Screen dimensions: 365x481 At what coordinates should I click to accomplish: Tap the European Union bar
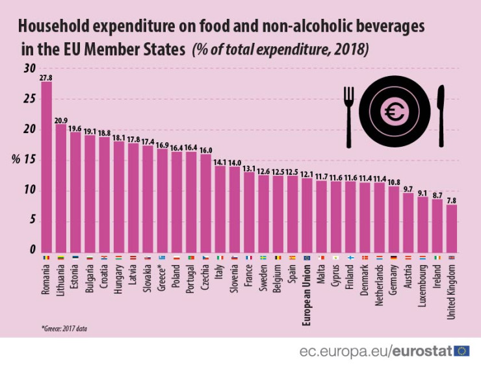click(307, 215)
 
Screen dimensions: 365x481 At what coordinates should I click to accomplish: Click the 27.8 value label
click(46, 77)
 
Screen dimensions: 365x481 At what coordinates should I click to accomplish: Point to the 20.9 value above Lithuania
click(61, 120)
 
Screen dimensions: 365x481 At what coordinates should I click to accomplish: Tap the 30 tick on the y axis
click(28, 69)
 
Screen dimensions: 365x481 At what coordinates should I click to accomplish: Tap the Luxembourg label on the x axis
click(424, 286)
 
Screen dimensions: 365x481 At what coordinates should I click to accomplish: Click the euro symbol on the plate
click(394, 113)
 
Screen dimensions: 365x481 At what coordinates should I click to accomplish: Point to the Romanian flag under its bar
click(46, 258)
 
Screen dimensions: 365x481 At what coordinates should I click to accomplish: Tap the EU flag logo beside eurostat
click(462, 351)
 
